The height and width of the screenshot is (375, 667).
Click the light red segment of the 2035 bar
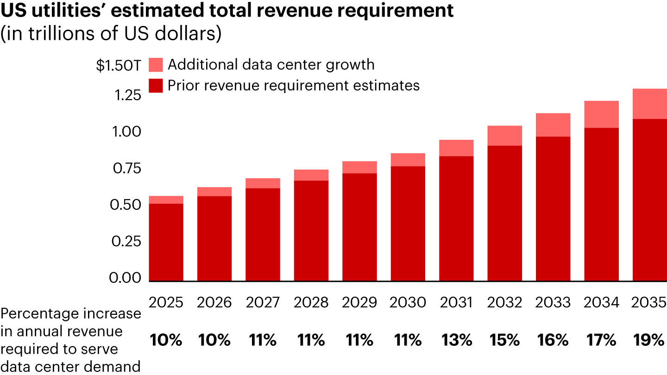[x=649, y=104]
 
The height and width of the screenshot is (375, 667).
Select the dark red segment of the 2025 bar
[x=166, y=242]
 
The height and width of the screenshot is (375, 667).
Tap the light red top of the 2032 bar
[x=504, y=136]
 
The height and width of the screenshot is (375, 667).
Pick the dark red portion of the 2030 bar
[x=408, y=224]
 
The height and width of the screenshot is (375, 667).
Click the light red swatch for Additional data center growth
[x=156, y=65]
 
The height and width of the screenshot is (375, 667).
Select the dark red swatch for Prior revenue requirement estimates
[x=156, y=86]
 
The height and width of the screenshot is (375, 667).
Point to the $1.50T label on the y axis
[x=118, y=66]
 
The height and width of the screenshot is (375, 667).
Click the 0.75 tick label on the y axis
[x=125, y=169]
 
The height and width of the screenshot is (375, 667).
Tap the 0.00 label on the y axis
[x=125, y=278]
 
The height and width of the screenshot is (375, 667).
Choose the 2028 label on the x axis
[x=311, y=303]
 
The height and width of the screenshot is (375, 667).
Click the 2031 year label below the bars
[x=456, y=303]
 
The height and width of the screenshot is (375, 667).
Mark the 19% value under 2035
[x=649, y=341]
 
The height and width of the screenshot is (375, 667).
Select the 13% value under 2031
[x=456, y=341]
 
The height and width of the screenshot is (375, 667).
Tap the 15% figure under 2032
[x=504, y=341]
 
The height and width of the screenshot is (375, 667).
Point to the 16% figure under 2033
[x=553, y=341]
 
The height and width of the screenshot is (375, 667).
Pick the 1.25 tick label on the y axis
[x=125, y=96]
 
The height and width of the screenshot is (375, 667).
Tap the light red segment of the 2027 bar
[x=263, y=183]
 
